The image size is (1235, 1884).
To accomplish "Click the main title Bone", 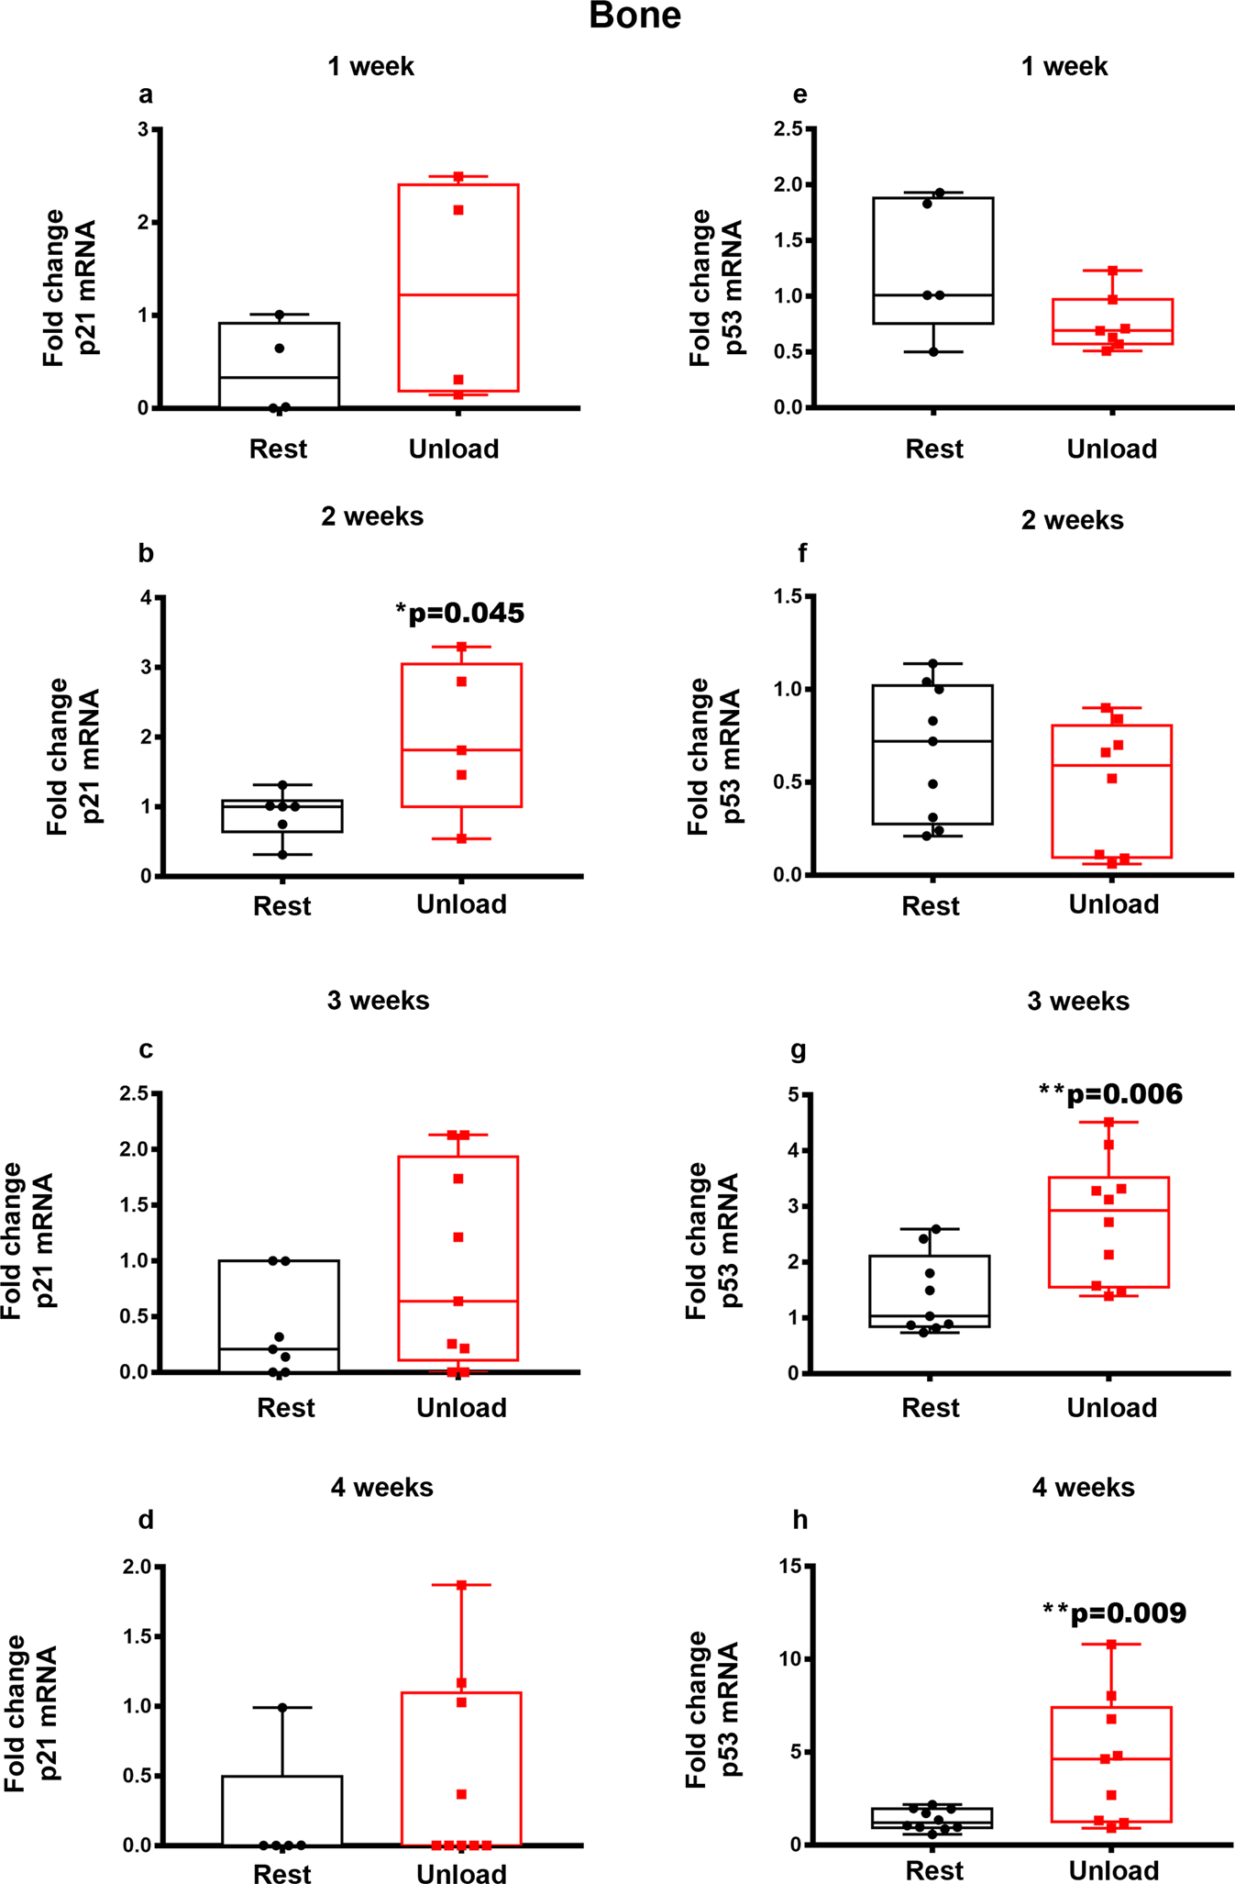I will pyautogui.click(x=634, y=17).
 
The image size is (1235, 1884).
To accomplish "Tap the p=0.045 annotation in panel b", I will pyautogui.click(x=460, y=613).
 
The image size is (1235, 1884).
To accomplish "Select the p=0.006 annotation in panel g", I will pyautogui.click(x=1110, y=1093).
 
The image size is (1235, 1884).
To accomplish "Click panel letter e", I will pyautogui.click(x=799, y=94).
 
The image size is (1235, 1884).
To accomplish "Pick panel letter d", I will pyautogui.click(x=146, y=1520).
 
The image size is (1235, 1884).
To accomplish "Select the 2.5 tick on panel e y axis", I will pyautogui.click(x=788, y=129).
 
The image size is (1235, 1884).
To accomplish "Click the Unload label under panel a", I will pyautogui.click(x=454, y=449).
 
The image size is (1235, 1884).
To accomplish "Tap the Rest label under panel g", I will pyautogui.click(x=931, y=1408).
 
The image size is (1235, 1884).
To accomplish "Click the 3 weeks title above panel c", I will pyautogui.click(x=378, y=1000).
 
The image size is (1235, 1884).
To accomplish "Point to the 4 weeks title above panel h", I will pyautogui.click(x=1083, y=1487).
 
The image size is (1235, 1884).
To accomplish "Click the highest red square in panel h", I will pyautogui.click(x=1111, y=1645).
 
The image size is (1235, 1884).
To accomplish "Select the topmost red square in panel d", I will pyautogui.click(x=461, y=1585).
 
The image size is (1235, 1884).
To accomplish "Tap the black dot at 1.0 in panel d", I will pyautogui.click(x=282, y=1708).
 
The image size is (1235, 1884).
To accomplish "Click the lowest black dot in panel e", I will pyautogui.click(x=933, y=352).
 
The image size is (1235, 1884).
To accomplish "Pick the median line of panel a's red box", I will pyautogui.click(x=458, y=294).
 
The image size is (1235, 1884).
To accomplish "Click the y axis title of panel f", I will pyautogui.click(x=712, y=756).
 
